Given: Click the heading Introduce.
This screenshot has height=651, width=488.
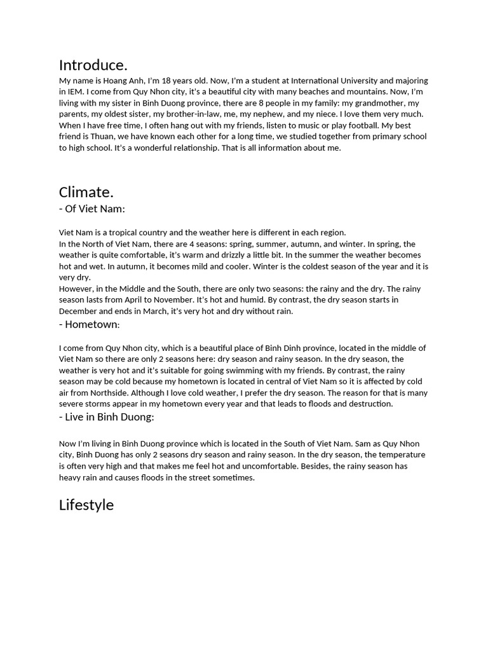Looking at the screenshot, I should click(x=93, y=65).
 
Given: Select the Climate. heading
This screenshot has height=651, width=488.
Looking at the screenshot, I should click(x=86, y=192).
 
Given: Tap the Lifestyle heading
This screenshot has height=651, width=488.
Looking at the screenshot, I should click(x=86, y=505).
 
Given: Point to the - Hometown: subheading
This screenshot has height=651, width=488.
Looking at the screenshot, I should click(x=90, y=325).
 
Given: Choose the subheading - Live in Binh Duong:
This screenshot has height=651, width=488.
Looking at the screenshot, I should click(x=107, y=417).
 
